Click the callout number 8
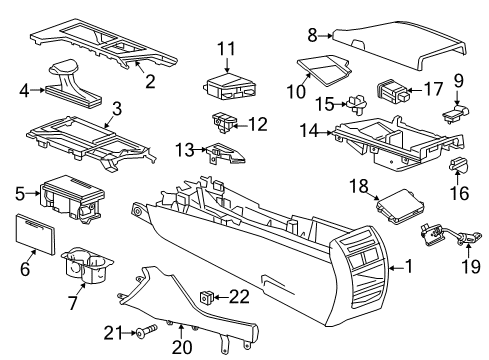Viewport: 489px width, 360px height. (x=311, y=35)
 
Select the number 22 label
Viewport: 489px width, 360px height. (x=238, y=295)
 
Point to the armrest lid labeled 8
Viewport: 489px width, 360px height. (x=400, y=38)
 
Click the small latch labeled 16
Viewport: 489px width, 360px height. (x=460, y=162)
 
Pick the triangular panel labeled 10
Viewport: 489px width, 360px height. (x=326, y=71)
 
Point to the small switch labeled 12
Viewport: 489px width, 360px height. (x=221, y=123)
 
